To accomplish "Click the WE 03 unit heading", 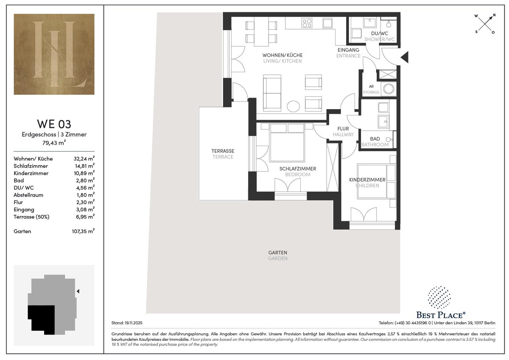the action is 54,124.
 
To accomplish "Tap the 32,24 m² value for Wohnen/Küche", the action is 84,158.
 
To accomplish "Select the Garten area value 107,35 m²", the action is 83,231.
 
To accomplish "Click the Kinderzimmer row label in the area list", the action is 31,173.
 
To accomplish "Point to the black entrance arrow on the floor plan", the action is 405,57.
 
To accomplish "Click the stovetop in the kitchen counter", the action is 307,23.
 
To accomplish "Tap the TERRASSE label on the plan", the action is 223,151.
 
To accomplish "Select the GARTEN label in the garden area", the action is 278,253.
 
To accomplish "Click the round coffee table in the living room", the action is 293,107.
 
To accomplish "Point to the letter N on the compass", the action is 494,15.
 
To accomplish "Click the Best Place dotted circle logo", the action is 439,298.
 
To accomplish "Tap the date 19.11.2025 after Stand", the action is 133,323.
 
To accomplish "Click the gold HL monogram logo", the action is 54,54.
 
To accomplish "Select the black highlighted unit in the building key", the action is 42,319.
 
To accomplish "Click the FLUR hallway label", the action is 343,129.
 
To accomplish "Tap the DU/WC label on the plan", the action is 380,34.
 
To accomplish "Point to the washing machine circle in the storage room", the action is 389,89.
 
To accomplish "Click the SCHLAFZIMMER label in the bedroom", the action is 298,169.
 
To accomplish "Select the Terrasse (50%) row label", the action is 31,217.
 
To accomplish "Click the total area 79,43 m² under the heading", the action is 54,143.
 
